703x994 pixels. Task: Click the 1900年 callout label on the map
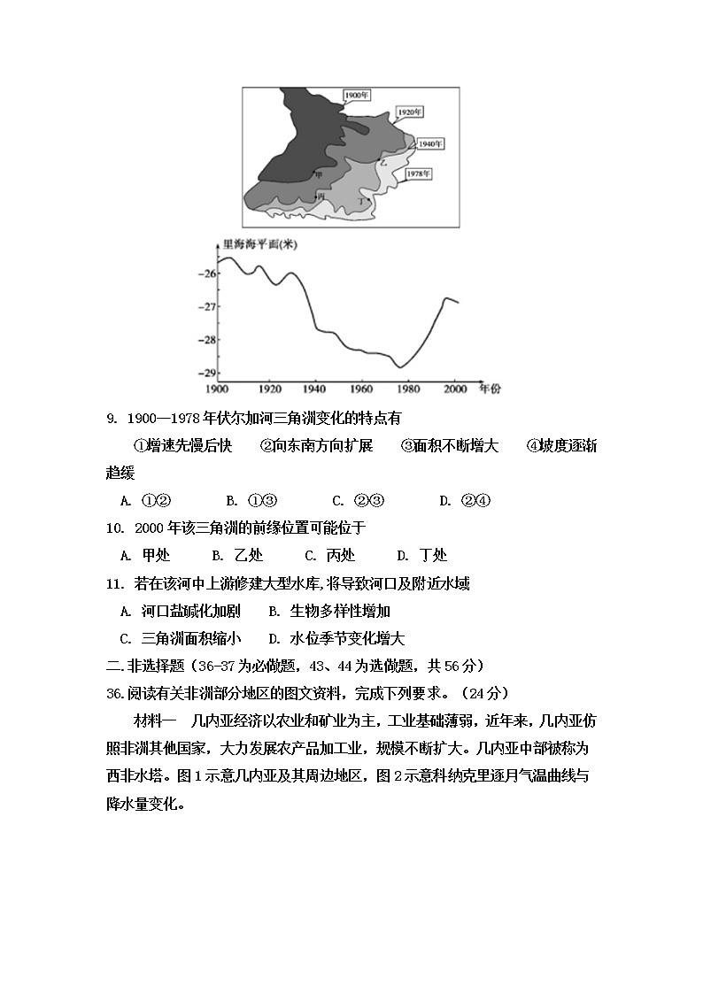[356, 96]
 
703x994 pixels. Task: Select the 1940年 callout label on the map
[430, 143]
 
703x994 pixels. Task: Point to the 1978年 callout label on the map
[418, 173]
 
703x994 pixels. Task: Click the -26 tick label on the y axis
[207, 274]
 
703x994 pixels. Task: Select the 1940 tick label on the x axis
[313, 389]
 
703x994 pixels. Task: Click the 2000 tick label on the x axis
[454, 389]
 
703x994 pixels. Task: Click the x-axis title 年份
[489, 388]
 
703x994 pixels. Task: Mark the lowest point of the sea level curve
[401, 366]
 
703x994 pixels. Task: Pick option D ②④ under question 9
[465, 500]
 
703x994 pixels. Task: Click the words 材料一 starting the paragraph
[156, 721]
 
